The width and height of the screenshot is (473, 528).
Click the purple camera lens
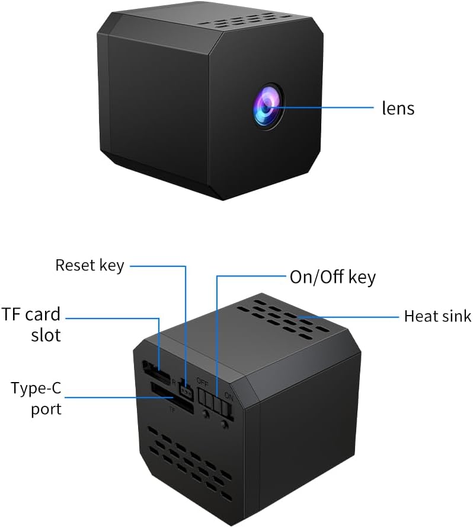[267, 107]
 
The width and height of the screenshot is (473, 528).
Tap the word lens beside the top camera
[398, 108]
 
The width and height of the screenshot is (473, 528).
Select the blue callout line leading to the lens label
[321, 108]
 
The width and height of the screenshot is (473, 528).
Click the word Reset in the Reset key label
[76, 265]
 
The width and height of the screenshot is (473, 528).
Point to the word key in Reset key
[112, 266]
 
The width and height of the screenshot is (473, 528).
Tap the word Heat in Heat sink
[419, 316]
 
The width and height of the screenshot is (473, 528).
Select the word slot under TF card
[46, 335]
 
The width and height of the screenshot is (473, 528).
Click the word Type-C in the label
[36, 388]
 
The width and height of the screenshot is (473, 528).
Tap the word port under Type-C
[46, 409]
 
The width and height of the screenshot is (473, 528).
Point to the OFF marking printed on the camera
[203, 382]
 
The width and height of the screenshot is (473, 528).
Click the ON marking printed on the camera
[229, 396]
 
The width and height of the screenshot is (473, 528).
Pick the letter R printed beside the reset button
[174, 382]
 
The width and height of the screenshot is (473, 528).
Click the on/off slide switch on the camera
[215, 400]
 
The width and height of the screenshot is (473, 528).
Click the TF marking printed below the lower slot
[172, 410]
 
